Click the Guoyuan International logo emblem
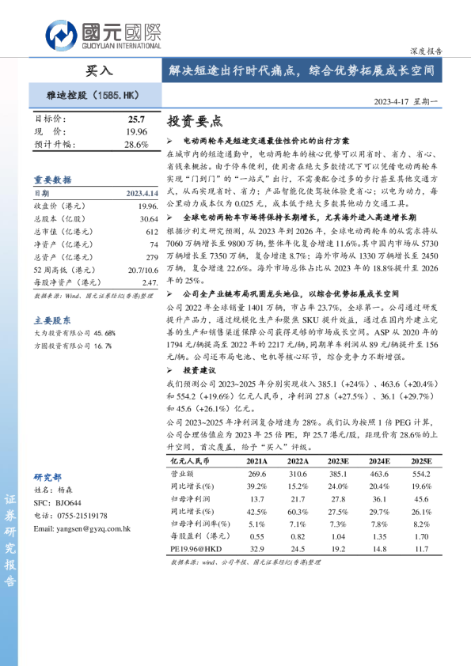61,33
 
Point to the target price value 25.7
137,118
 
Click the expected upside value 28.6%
136,145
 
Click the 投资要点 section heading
195,123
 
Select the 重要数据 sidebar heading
52,180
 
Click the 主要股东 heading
52,320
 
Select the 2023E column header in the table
338,460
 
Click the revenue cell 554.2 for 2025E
420,473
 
